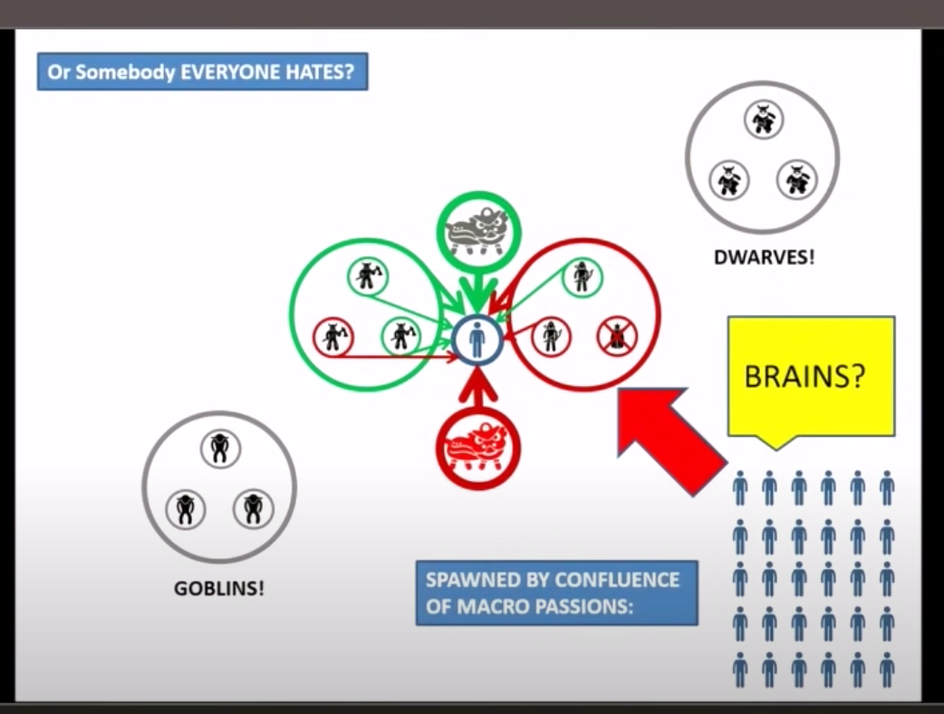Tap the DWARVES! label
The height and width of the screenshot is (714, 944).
[x=764, y=256]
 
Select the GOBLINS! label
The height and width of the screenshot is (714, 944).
[x=219, y=588]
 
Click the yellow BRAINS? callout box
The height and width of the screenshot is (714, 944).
[x=811, y=375]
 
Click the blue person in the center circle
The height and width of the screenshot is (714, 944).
[x=477, y=340]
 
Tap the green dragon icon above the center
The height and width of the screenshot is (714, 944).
[x=478, y=232]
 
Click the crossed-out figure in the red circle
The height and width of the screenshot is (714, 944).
[x=617, y=336]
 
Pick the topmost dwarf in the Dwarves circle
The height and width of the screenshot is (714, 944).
[x=764, y=120]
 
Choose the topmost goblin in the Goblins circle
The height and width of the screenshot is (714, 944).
[x=220, y=448]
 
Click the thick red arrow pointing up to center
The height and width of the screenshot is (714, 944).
[x=478, y=388]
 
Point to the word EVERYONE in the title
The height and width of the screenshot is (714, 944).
[x=227, y=72]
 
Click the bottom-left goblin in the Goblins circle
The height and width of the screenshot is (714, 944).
[x=186, y=509]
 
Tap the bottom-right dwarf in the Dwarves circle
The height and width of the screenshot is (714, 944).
[x=797, y=179]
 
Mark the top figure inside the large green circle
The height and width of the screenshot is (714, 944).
[x=367, y=275]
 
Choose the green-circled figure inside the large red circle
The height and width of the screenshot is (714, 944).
[x=582, y=276]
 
